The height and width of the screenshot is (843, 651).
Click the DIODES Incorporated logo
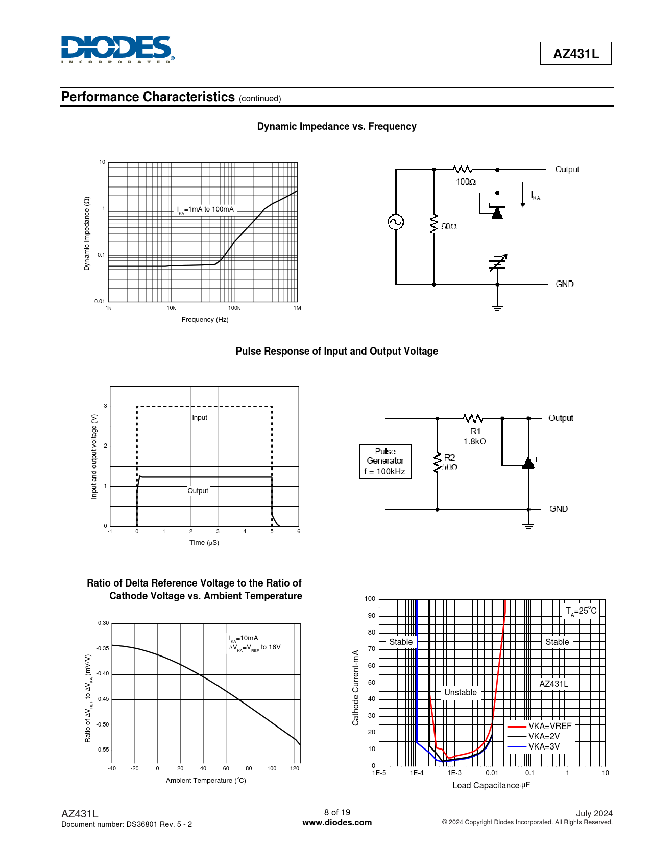click(x=117, y=50)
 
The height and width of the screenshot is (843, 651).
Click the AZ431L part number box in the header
click(x=576, y=54)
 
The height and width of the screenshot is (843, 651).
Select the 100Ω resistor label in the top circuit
click(x=466, y=182)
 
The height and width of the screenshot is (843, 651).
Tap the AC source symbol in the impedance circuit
click(x=396, y=222)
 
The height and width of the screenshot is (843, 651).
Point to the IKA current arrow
click(x=523, y=195)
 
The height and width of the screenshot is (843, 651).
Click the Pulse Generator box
click(x=385, y=461)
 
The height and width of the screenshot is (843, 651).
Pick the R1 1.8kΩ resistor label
click(x=475, y=436)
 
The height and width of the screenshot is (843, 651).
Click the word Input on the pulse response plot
click(x=200, y=418)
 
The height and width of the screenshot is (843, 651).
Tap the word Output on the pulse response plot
click(x=198, y=491)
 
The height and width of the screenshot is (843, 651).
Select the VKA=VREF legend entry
click(x=539, y=726)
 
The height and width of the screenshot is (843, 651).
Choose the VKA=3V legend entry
click(x=534, y=747)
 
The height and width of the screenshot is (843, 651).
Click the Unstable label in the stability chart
click(x=461, y=692)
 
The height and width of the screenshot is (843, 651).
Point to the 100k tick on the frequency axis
click(x=234, y=308)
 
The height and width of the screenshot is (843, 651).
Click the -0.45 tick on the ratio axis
click(x=103, y=699)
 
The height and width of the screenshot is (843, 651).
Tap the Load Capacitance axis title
click(x=491, y=785)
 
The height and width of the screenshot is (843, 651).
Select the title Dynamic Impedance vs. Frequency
click(x=336, y=127)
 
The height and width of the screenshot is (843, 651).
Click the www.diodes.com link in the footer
click(x=337, y=823)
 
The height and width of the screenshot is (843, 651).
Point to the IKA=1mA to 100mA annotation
click(x=205, y=209)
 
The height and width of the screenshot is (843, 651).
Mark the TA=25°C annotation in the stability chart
click(x=581, y=611)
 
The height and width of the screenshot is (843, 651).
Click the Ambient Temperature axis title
click(x=206, y=780)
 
